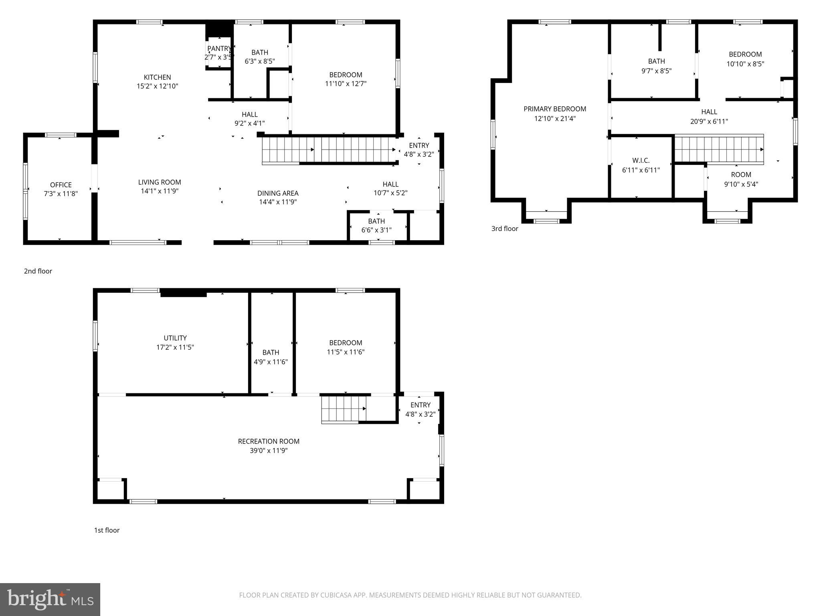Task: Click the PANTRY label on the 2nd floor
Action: tap(219, 49)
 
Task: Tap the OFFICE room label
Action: tap(61, 185)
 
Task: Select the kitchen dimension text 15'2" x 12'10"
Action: tap(157, 86)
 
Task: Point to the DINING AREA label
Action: tap(278, 193)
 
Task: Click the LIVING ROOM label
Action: tap(160, 182)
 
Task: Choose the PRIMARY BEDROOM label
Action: tap(555, 109)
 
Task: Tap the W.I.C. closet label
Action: tap(641, 160)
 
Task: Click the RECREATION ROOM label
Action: tap(269, 441)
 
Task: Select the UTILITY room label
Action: tap(175, 338)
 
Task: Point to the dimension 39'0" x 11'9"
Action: tap(269, 451)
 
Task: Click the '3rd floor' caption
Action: tap(505, 229)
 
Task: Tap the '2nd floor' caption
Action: tap(38, 271)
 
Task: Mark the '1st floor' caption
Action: tap(107, 530)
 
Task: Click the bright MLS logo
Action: tap(50, 600)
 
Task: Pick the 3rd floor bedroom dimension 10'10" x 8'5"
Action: tap(745, 64)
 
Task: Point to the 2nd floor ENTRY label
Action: tap(419, 146)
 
